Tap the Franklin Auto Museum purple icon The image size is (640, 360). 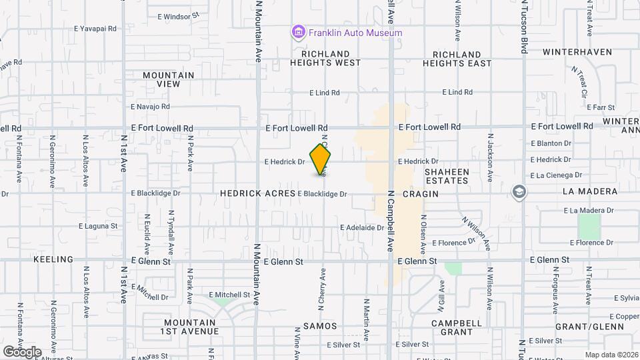(x=298, y=32)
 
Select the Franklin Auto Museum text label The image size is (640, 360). (x=355, y=33)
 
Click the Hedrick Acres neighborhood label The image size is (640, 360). (x=257, y=193)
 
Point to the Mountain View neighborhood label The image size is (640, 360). (x=169, y=79)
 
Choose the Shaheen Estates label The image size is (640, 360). (x=447, y=176)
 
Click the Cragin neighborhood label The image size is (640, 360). (x=421, y=193)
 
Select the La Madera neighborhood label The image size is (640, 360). (x=590, y=191)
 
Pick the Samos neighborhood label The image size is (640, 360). (x=320, y=327)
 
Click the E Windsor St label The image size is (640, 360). (x=178, y=15)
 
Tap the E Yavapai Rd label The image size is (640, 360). (x=95, y=29)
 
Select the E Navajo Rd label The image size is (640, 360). (x=150, y=106)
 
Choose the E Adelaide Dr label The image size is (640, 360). (x=361, y=227)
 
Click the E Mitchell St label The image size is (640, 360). (x=229, y=295)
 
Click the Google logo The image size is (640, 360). (x=22, y=351)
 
